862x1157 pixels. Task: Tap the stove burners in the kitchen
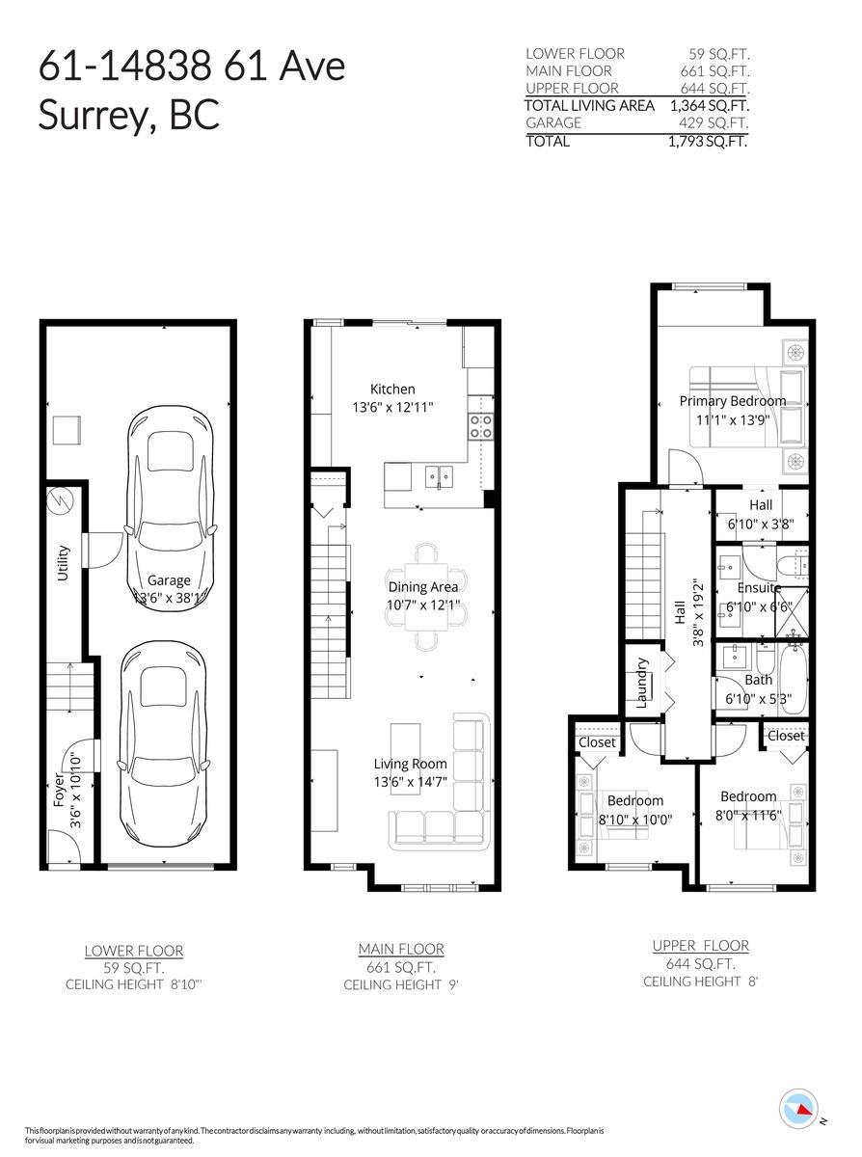[480, 426]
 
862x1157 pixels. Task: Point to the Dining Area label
[422, 585]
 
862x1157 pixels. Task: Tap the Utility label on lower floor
[64, 565]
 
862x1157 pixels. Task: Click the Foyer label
[58, 787]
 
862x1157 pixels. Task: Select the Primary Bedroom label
[732, 401]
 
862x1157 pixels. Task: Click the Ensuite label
[759, 587]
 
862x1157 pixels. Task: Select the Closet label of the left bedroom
[597, 742]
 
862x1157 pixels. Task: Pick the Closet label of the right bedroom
[786, 736]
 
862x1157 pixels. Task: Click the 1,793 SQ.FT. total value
[710, 141]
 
